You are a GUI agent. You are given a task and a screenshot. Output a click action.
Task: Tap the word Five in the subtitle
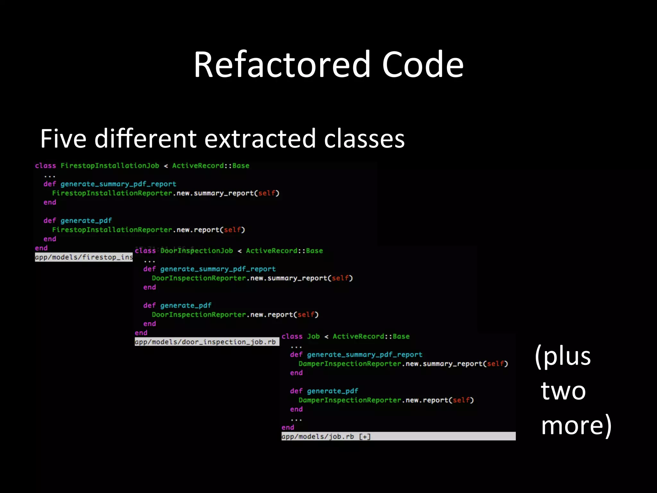(63, 139)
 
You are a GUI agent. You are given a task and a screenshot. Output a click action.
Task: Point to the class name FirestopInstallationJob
(110, 166)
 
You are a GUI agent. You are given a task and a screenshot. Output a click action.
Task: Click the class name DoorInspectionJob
(196, 251)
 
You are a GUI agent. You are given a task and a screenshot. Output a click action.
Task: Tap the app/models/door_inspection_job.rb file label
(205, 342)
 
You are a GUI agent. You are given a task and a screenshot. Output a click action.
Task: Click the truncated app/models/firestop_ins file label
(84, 257)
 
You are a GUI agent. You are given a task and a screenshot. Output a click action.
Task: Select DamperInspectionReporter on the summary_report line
(350, 364)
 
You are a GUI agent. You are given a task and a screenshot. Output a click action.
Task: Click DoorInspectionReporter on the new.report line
(199, 315)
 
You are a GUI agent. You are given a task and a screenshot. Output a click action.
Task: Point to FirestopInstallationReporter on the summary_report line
(112, 193)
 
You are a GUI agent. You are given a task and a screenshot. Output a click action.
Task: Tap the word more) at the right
(576, 425)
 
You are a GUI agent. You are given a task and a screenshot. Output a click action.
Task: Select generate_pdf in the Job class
(332, 391)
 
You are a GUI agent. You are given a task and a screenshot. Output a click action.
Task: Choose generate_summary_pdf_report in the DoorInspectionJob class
(218, 269)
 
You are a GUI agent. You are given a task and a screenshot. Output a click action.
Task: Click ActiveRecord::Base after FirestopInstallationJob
(210, 166)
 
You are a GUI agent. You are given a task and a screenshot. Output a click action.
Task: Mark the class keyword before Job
(292, 336)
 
